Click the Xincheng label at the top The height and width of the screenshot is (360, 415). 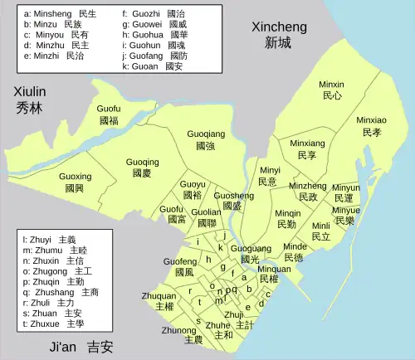[279, 35]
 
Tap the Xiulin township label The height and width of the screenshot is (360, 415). [29, 100]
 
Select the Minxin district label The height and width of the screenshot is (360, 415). [331, 90]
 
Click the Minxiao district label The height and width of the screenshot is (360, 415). [371, 126]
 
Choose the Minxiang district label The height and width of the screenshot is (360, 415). [307, 148]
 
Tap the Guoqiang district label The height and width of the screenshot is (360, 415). [206, 139]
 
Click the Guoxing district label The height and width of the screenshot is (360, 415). [76, 182]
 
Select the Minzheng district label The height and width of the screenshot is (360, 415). [307, 192]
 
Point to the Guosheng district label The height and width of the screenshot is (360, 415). [233, 201]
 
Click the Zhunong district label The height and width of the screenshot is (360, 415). [180, 334]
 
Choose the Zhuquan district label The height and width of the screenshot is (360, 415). [159, 301]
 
